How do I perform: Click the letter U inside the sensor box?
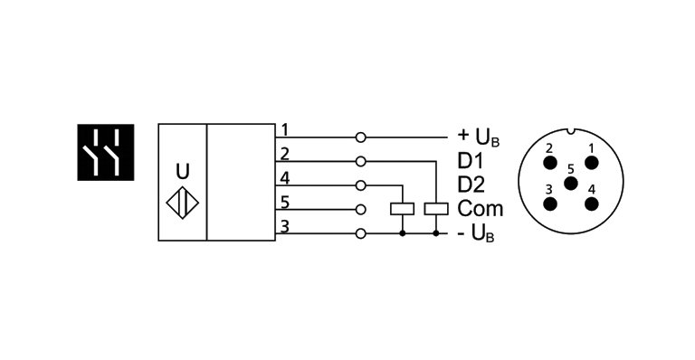[182, 170]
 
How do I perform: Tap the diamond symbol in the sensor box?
[183, 203]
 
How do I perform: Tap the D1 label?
[470, 162]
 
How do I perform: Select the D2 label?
[471, 185]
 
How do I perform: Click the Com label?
[480, 209]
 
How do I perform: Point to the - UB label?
[476, 233]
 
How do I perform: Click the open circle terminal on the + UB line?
[361, 137]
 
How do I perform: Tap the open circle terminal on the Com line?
[361, 209]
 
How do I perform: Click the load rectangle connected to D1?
[437, 209]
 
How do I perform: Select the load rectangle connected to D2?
[402, 209]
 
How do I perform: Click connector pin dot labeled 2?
[549, 163]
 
